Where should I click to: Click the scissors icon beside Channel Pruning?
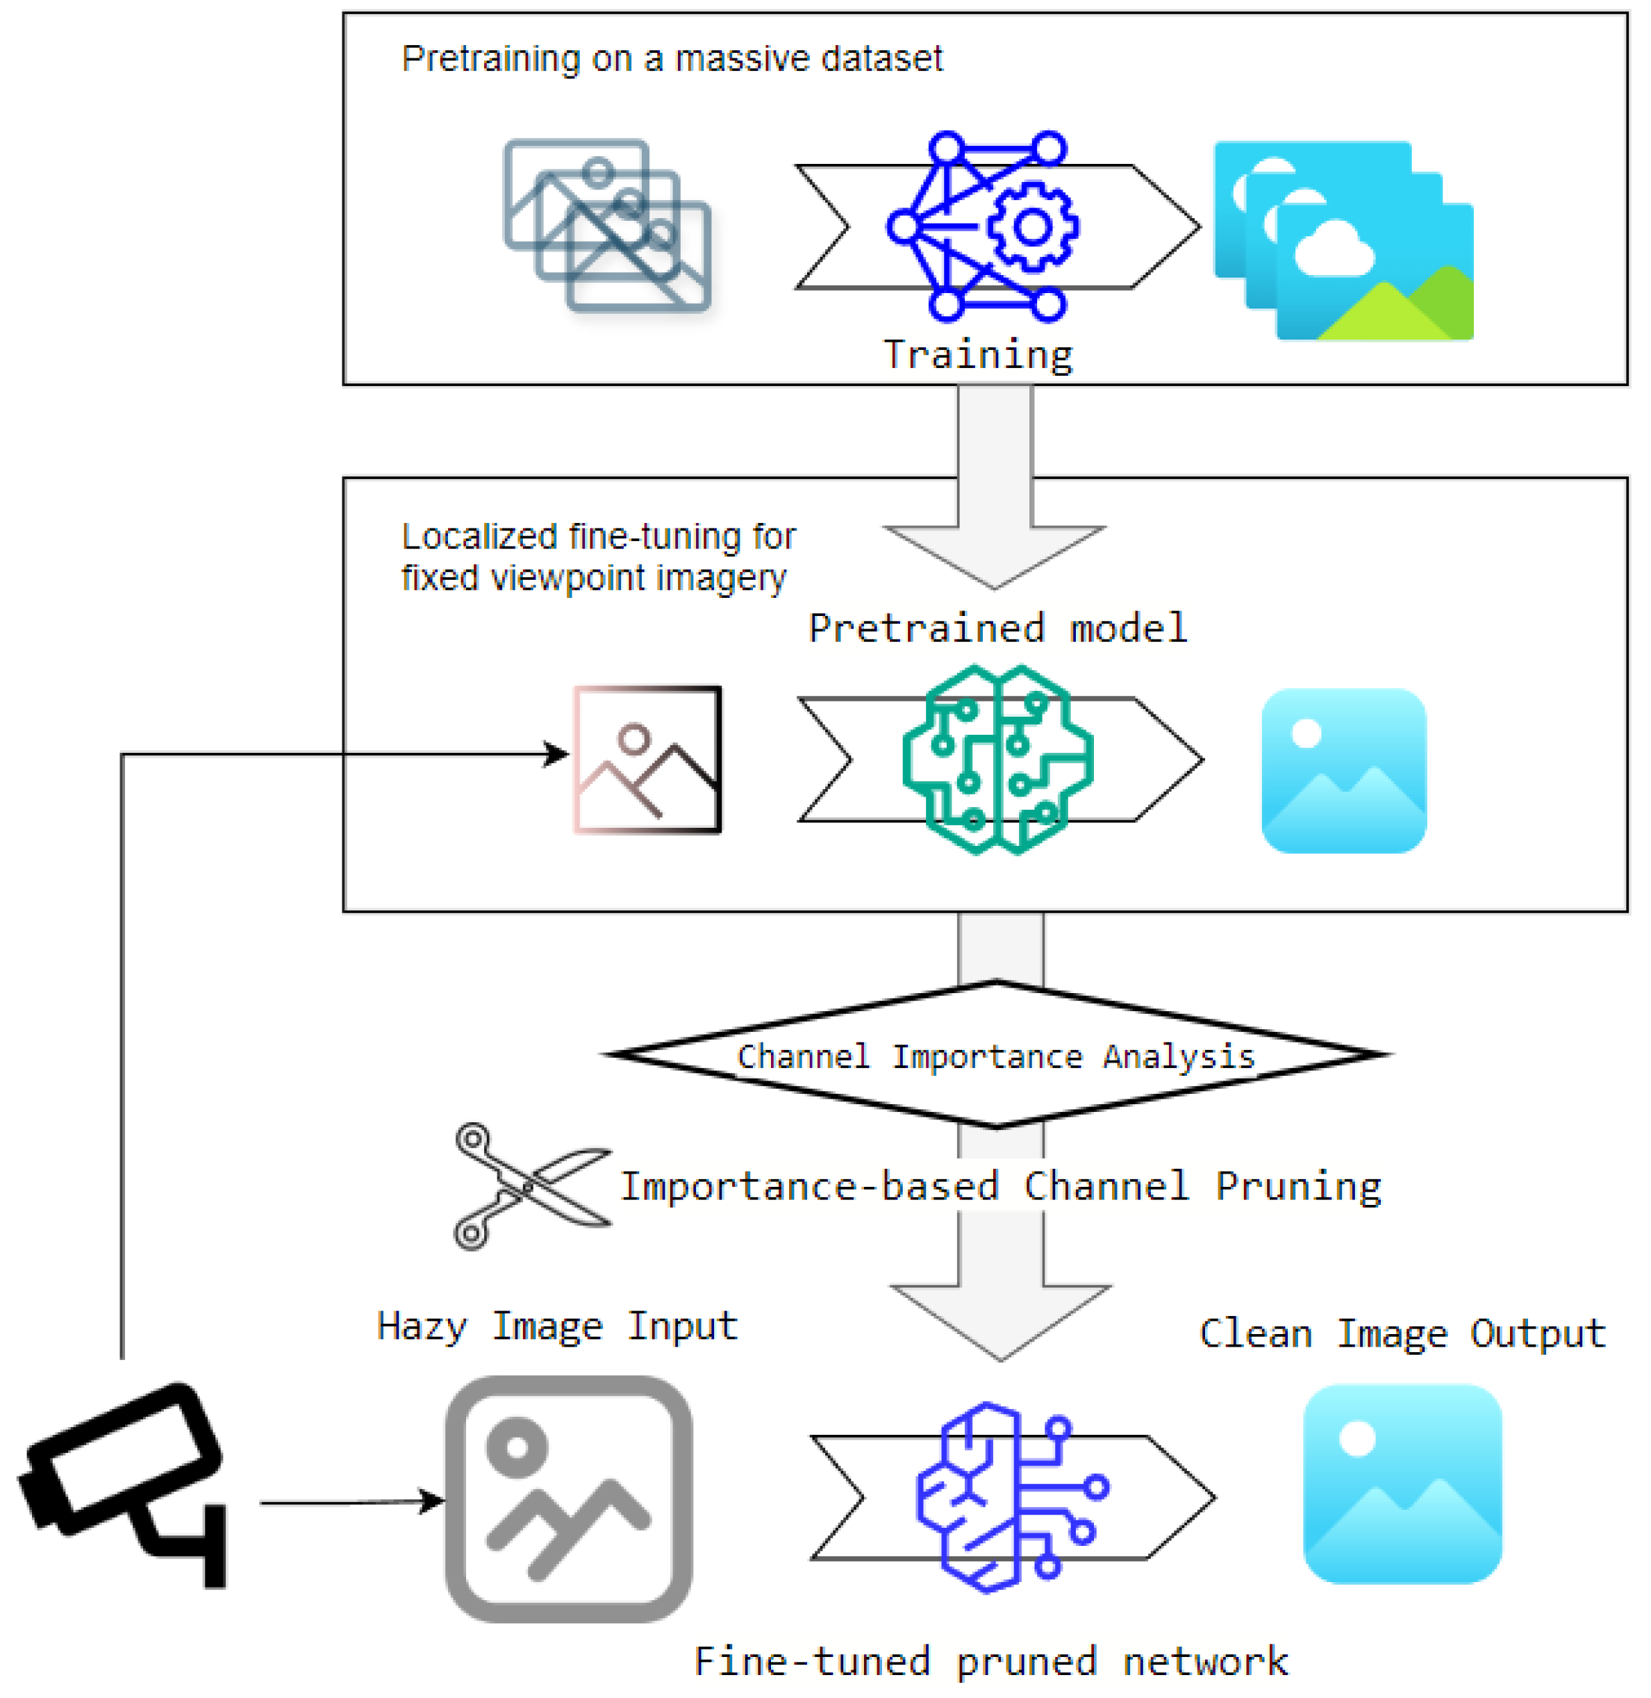[x=531, y=1186]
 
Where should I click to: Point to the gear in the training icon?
[x=1032, y=227]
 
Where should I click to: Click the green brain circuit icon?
[x=997, y=760]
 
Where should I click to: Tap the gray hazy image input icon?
[x=569, y=1499]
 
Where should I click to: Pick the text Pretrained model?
[x=997, y=628]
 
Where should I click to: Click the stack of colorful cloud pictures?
[x=1344, y=241]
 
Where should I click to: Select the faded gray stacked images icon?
[x=607, y=226]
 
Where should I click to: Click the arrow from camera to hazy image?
[x=351, y=1502]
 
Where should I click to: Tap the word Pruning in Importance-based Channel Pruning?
[x=1297, y=1186]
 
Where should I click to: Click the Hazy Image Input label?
[x=556, y=1326]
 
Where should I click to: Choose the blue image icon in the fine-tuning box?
[x=1343, y=771]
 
